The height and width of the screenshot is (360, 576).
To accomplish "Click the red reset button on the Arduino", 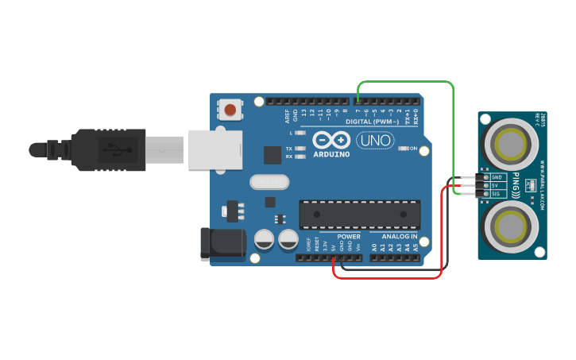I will pos(230,109).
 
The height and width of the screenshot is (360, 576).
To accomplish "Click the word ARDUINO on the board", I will pos(331,153).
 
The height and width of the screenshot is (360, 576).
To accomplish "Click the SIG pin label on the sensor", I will pos(497,194).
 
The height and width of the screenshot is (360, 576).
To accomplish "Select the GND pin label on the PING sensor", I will pos(497,177).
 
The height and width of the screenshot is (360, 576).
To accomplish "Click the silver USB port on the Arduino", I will pos(215,149).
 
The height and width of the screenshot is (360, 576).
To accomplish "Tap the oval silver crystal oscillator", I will pos(268,182).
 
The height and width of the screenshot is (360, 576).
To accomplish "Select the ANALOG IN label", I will pos(399,237).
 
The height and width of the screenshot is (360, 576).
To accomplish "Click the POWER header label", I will pos(348,237).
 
